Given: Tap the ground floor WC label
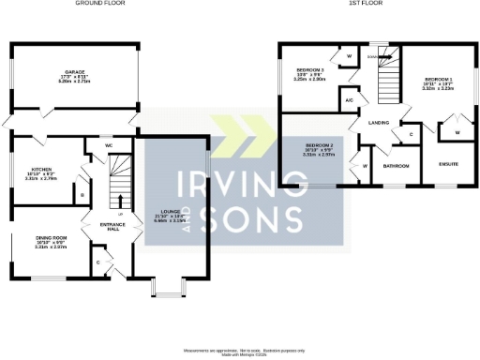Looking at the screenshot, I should (109, 147).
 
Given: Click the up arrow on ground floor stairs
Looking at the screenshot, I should (118, 199).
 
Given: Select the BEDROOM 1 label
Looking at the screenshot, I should (439, 79).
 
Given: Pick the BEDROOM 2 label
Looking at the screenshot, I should (320, 147).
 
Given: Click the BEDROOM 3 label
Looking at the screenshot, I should (309, 70).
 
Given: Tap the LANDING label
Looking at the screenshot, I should (379, 123).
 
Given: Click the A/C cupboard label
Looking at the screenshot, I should (349, 100).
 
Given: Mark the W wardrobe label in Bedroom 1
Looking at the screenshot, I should (457, 133).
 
